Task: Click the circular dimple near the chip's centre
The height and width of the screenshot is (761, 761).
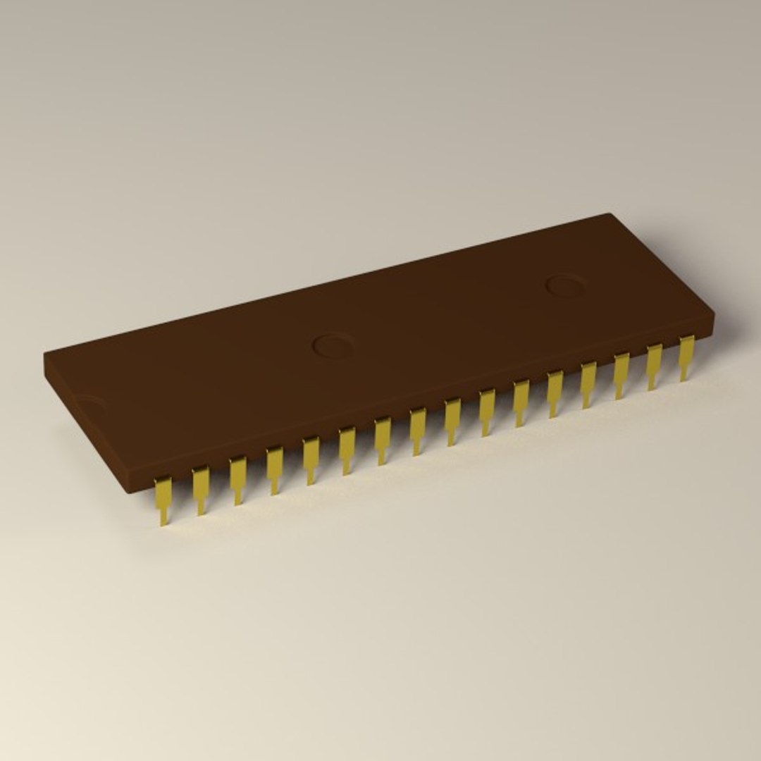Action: click(x=333, y=345)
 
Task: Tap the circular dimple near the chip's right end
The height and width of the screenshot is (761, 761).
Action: click(x=565, y=285)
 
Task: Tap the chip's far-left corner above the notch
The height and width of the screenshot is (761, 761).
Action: click(x=45, y=354)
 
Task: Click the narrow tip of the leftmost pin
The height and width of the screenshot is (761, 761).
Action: click(x=164, y=519)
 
